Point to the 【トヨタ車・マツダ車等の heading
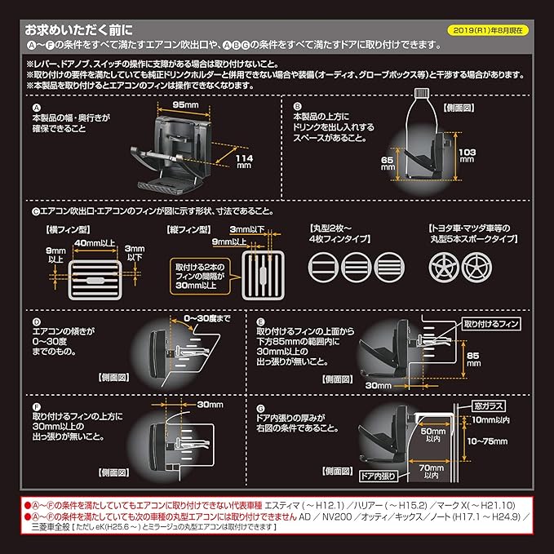point(472,233)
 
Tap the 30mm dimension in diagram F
point(210,405)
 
